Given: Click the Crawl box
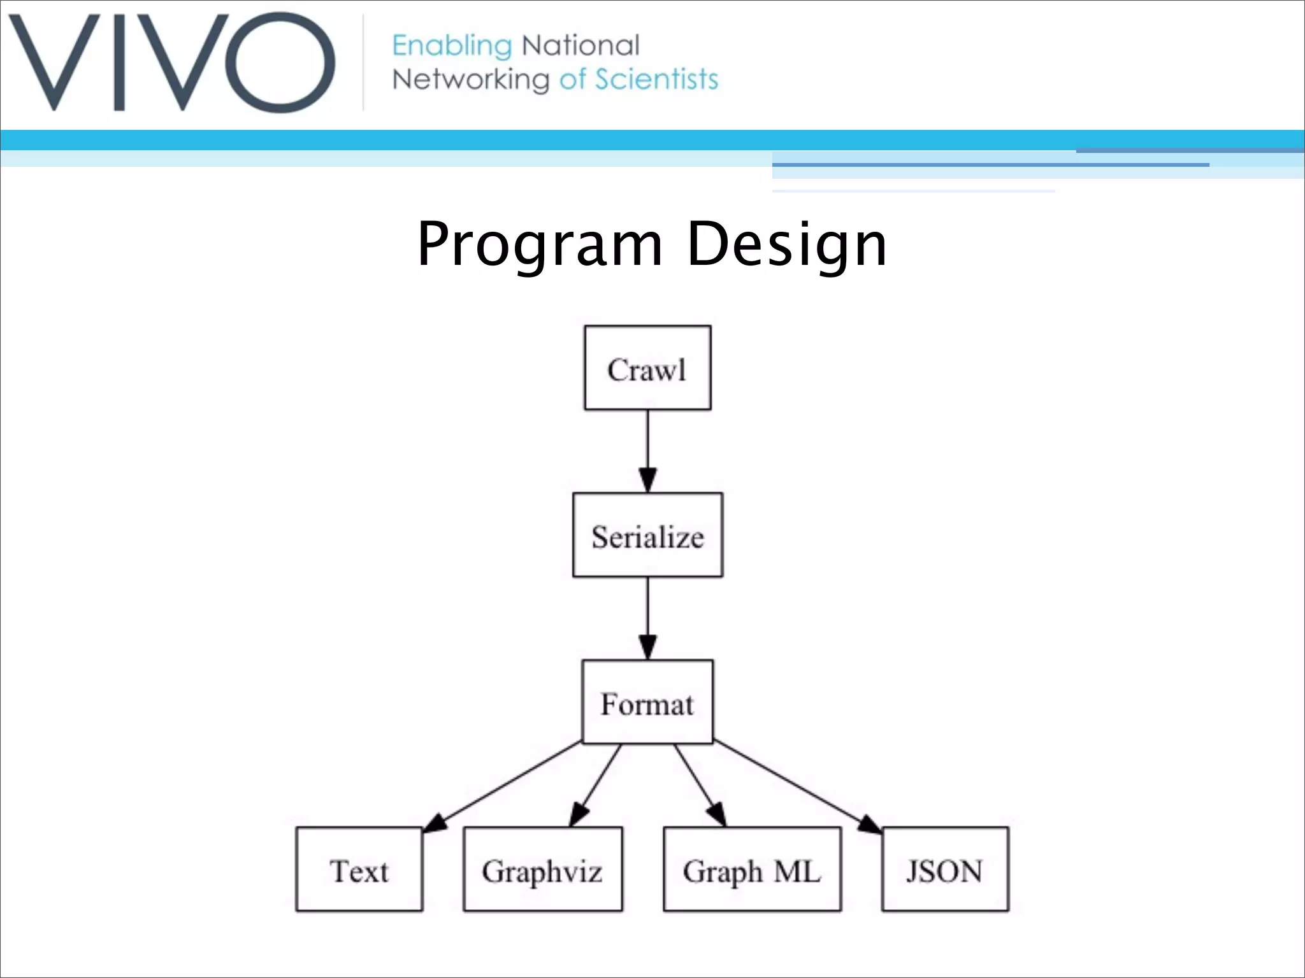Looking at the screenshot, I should pos(647,368).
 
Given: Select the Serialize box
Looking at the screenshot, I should pos(647,535).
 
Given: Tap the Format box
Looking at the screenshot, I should pos(647,702).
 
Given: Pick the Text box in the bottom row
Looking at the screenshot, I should pos(359,870).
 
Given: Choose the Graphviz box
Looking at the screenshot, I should pos(542,870).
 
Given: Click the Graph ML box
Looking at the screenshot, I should pos(752,870).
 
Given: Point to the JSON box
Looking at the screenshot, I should pos(945,870).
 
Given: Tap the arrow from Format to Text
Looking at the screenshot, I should pos(503,786).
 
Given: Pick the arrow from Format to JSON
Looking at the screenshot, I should pos(797,786).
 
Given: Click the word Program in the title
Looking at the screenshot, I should pos(539,244).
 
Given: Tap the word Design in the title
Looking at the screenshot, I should pos(787,244).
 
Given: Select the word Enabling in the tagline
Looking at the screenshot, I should pos(451,46).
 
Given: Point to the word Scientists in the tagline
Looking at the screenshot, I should pos(656,80).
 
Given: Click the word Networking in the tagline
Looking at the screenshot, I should pos(470,80).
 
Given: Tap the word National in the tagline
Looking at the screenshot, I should pos(580,46).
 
